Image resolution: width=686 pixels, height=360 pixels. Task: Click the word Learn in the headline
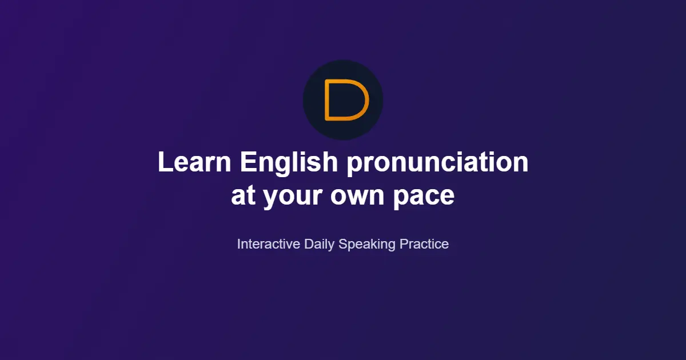[x=195, y=162]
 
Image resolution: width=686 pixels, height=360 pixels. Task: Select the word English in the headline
[x=289, y=162]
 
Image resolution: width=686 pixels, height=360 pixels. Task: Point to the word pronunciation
[x=438, y=162]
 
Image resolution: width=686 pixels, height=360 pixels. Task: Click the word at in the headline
[x=244, y=196]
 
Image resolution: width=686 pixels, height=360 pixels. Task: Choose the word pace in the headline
[x=424, y=196]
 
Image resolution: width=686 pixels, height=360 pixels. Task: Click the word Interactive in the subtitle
[x=268, y=244]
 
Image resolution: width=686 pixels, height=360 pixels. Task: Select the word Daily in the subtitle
[x=320, y=244]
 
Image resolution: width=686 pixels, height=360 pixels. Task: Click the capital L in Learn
[x=164, y=162]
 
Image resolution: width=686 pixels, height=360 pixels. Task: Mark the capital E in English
[x=246, y=162]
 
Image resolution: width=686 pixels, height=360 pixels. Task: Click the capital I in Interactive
[x=239, y=244]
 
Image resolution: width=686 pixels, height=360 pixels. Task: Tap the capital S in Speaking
[x=343, y=244]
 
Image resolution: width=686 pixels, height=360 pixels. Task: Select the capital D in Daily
[x=309, y=244]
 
